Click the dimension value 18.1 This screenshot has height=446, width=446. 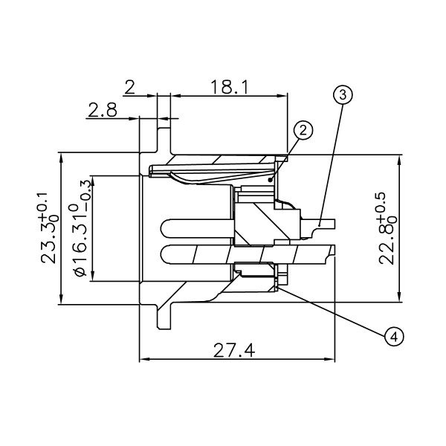224,86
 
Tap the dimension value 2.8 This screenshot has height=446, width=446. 101,110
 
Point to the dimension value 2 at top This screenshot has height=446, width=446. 129,87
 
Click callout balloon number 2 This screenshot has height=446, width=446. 303,130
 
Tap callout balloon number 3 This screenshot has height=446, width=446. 342,94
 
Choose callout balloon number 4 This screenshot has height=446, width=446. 395,336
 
